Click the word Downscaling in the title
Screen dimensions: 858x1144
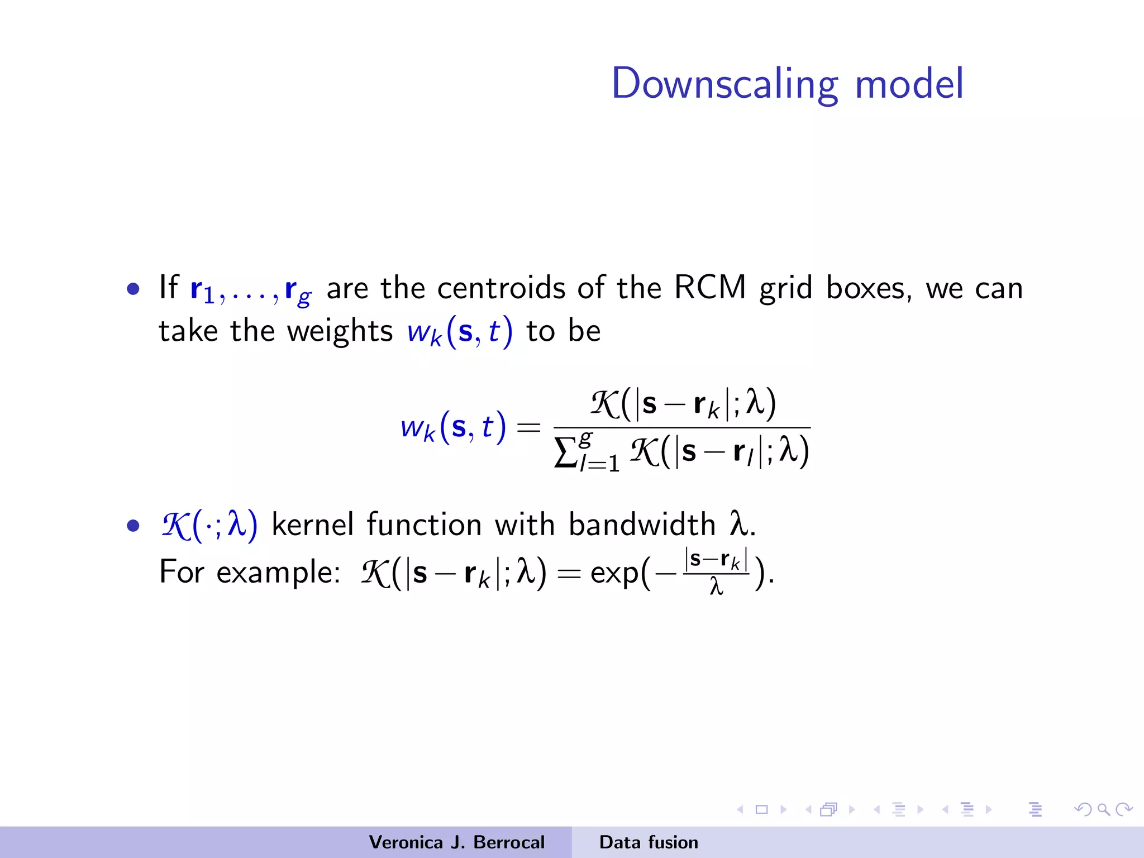point(724,84)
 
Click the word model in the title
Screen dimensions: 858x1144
point(909,84)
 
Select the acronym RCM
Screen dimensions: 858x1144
point(710,288)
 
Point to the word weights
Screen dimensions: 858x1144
point(340,331)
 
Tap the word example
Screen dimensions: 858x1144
point(278,573)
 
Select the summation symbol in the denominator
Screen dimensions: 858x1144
point(565,452)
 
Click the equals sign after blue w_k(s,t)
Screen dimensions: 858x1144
point(528,428)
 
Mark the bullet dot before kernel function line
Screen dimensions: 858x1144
point(133,526)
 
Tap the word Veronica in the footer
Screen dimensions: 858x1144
point(406,842)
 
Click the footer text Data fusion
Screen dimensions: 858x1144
point(649,842)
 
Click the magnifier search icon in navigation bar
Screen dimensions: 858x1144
point(1103,809)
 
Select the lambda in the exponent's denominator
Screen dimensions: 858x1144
point(716,587)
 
